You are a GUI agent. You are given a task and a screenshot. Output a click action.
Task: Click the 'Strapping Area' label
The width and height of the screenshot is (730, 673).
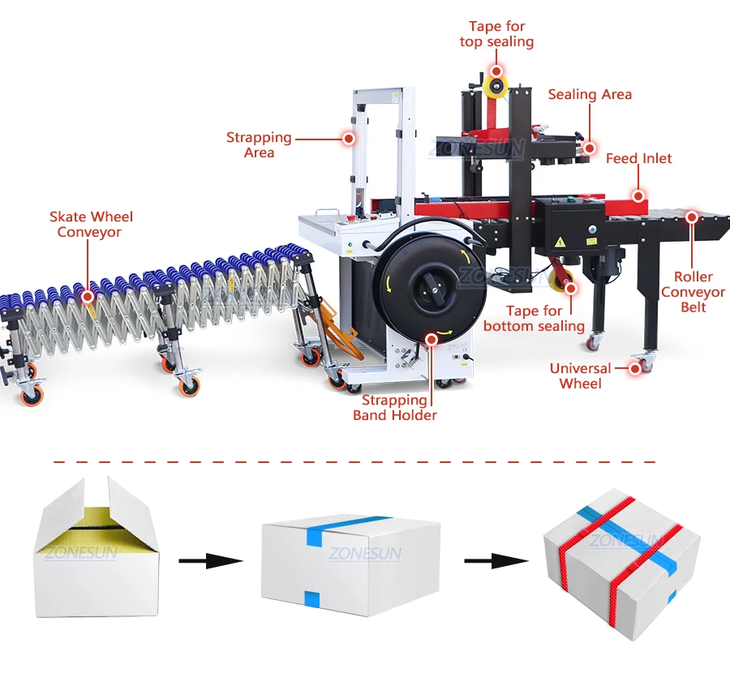coord(259,145)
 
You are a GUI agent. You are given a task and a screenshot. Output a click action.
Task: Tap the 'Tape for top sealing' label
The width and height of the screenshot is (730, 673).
coord(496,34)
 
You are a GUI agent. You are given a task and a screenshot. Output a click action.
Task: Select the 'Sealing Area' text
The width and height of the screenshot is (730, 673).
coord(590,95)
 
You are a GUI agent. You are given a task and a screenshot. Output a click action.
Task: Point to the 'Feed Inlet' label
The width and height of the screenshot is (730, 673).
coord(638,159)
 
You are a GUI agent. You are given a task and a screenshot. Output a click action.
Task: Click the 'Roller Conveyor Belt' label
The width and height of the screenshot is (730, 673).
coord(693,292)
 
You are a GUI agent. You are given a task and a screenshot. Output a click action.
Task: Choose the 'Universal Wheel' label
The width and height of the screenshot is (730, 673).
coord(580,376)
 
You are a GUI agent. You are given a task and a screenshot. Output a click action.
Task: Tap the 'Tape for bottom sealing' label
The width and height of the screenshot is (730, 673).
coord(534,319)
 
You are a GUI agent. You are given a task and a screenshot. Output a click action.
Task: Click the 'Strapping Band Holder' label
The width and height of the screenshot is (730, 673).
coord(394,408)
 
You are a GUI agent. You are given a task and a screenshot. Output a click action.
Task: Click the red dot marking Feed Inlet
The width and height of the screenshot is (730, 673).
coord(639,195)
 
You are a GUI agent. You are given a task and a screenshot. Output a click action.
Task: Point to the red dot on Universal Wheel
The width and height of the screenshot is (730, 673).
coord(646,367)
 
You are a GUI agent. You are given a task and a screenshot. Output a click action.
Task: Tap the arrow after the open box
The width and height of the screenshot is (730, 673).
coord(210,560)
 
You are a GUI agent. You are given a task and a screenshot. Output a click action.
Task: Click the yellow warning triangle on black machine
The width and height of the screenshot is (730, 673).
coord(560,242)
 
